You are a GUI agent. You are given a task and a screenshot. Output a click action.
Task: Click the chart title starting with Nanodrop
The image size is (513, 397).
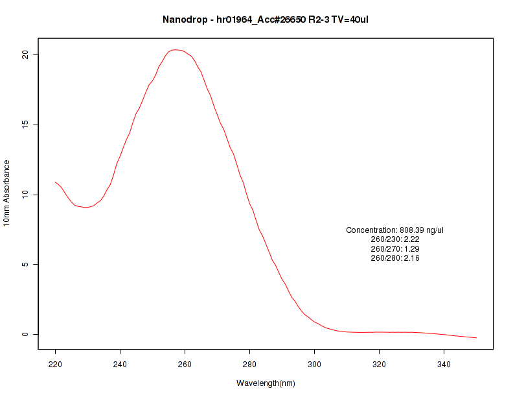266,19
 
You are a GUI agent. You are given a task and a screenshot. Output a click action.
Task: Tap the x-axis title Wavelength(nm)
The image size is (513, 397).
266,383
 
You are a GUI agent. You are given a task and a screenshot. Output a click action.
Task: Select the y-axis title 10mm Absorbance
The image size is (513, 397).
6,193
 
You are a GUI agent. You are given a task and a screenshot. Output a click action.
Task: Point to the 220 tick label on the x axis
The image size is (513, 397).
55,365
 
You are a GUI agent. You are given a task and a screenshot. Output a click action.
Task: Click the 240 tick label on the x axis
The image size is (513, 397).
120,365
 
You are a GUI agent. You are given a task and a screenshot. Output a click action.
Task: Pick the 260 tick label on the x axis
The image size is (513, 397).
185,365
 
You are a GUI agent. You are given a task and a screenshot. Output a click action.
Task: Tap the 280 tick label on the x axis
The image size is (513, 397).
249,365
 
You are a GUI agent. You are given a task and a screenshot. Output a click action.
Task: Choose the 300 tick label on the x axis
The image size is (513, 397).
314,365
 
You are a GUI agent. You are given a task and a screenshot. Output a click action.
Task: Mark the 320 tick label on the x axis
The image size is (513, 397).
379,365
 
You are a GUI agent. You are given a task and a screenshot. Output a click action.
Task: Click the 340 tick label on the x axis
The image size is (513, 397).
444,365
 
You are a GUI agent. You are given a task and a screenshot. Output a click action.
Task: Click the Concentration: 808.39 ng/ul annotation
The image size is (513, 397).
395,230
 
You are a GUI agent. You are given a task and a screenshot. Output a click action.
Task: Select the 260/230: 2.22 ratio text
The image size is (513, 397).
395,239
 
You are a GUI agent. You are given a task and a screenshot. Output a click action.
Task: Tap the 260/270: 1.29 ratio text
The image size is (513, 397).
395,249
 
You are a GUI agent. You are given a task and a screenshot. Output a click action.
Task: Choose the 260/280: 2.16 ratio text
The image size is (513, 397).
395,258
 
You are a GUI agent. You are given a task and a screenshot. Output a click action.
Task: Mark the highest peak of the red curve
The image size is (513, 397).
174,49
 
